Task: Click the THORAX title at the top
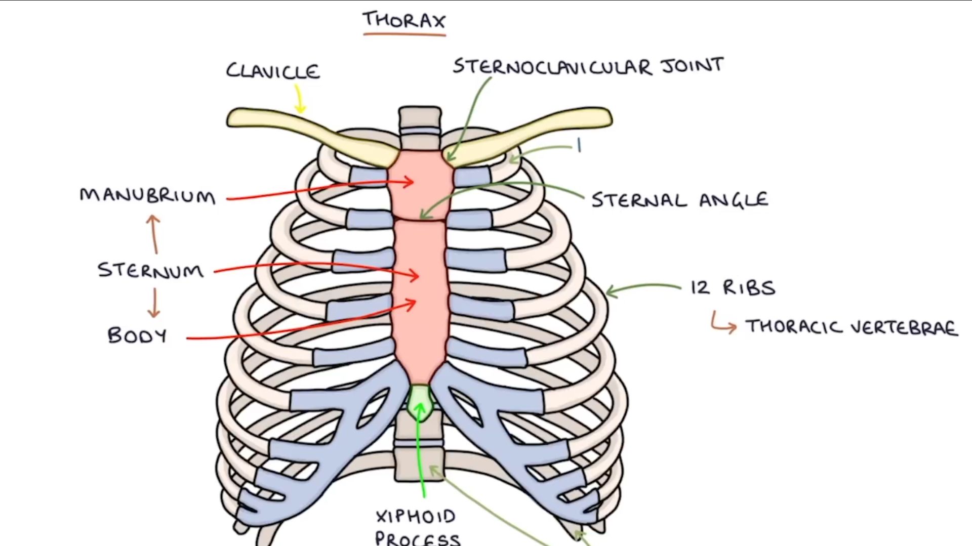tap(404, 20)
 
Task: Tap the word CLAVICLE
tap(273, 71)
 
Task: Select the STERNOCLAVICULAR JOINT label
tap(588, 66)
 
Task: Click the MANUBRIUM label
tap(147, 196)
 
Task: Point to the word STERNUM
tap(151, 270)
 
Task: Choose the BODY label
tap(137, 336)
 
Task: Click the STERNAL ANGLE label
tap(679, 200)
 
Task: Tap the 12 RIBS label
tap(733, 288)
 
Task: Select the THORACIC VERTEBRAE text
tap(852, 327)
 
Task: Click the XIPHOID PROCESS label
tap(417, 526)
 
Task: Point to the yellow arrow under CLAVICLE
tap(299, 99)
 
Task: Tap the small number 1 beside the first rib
tap(579, 146)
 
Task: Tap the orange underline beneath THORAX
tap(404, 34)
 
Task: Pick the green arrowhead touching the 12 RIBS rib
tap(610, 291)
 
